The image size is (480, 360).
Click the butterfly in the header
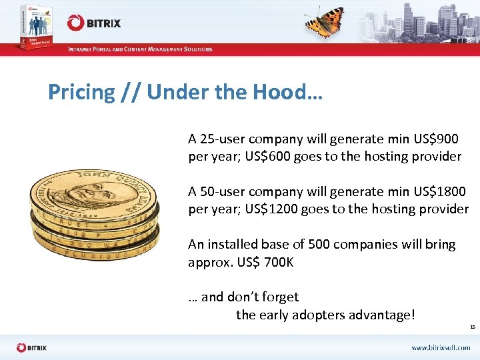coord(325,22)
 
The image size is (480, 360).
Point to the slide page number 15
coord(472,327)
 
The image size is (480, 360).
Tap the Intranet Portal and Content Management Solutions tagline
coord(140,49)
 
